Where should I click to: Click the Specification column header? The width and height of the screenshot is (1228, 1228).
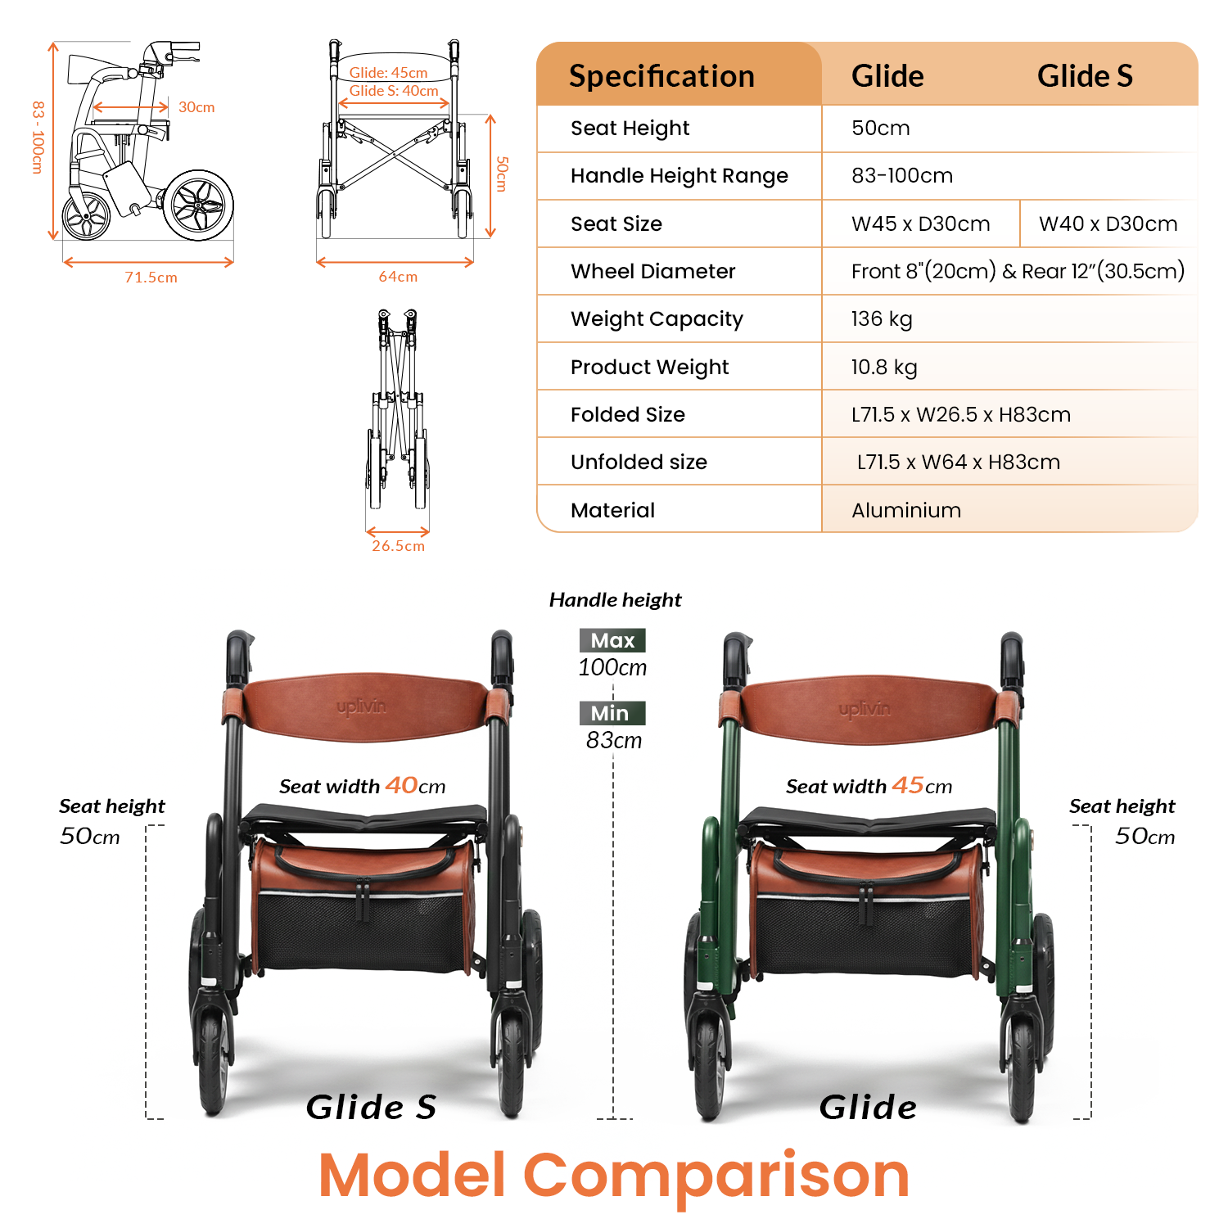click(661, 76)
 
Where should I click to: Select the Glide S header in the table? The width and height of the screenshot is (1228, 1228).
click(1085, 76)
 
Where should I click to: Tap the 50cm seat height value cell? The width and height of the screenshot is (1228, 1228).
click(880, 129)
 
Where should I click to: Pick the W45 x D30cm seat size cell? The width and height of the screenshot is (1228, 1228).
click(920, 224)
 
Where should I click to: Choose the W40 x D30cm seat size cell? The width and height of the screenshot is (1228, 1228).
click(1108, 224)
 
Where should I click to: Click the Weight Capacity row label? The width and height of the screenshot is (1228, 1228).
click(657, 319)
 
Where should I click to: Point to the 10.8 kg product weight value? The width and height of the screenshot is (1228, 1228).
click(883, 368)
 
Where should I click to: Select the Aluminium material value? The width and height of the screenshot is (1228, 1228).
click(905, 511)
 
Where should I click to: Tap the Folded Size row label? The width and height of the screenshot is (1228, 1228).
click(627, 415)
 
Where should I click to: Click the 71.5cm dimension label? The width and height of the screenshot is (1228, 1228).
click(151, 278)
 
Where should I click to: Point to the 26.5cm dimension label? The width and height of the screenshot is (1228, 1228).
click(398, 546)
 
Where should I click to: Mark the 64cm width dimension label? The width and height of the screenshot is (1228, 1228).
click(398, 278)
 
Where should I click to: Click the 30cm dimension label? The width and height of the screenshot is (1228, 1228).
click(196, 107)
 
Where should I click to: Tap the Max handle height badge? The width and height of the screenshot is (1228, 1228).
click(612, 640)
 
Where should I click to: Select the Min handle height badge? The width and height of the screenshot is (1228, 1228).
click(610, 714)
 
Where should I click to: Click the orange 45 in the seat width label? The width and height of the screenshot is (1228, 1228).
click(908, 785)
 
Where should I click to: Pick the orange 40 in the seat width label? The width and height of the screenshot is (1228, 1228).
click(401, 785)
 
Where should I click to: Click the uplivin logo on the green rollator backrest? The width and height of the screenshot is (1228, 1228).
click(864, 709)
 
